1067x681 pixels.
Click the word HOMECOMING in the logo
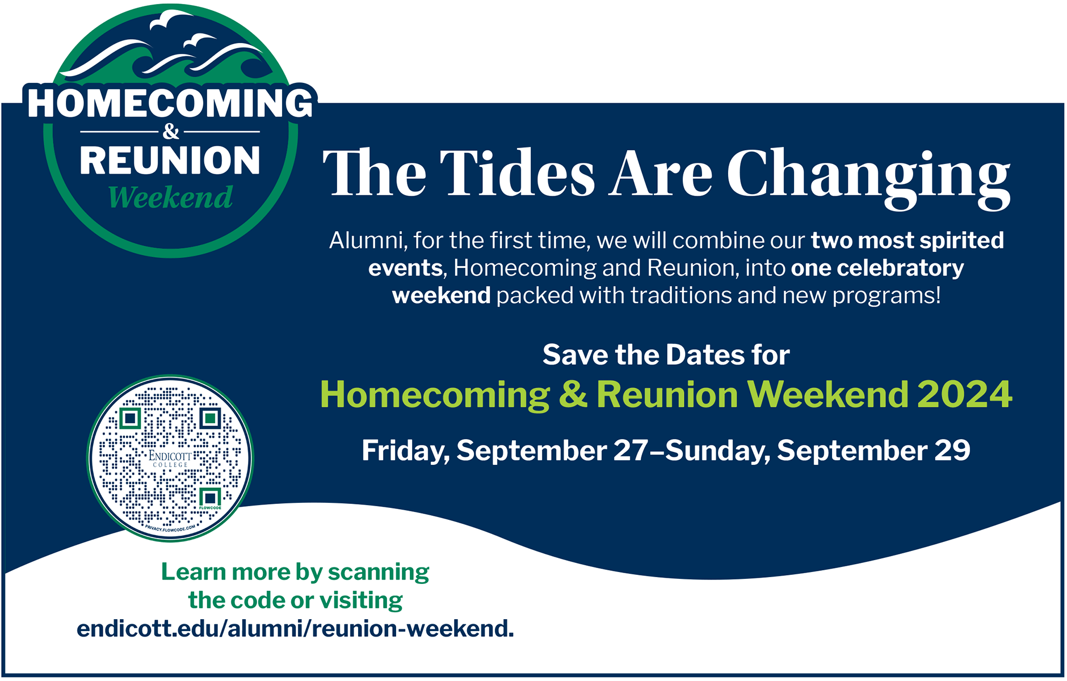coord(170,103)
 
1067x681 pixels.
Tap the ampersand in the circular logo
coord(170,132)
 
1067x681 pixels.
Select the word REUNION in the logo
coord(170,161)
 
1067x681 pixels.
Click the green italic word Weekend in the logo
coord(170,197)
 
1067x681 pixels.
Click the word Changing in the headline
coord(868,177)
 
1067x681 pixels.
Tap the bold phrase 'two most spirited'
coord(907,241)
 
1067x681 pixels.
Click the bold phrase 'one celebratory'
coord(877,268)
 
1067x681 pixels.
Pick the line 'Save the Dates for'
coord(666,355)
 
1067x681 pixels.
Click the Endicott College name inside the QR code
coord(170,459)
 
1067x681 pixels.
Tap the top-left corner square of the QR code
coord(131,419)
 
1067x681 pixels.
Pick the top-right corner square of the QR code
coord(211,419)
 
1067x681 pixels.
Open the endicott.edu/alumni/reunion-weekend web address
coord(295,629)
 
